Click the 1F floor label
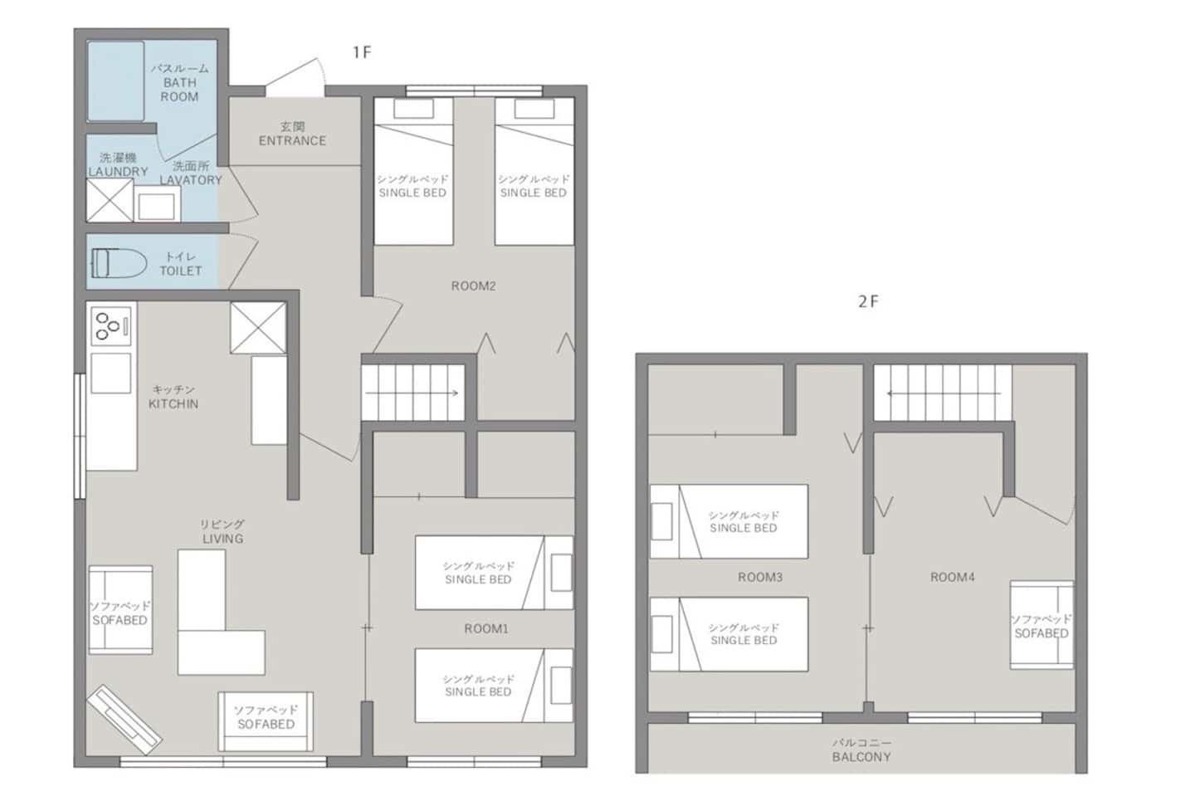point(362,52)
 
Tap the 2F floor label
point(868,302)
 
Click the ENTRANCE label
point(292,141)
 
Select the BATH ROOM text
point(180,90)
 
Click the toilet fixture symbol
point(119,264)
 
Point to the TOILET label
point(181,271)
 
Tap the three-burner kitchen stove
point(111,325)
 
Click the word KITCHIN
point(173,404)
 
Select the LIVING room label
point(223,539)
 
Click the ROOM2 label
point(473,286)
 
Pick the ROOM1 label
point(486,629)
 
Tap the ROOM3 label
point(759,577)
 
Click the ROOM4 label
point(953,577)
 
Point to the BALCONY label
point(861,757)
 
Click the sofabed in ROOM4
point(1041,625)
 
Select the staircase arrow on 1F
point(412,393)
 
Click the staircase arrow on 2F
point(944,393)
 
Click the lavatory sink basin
point(156,207)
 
